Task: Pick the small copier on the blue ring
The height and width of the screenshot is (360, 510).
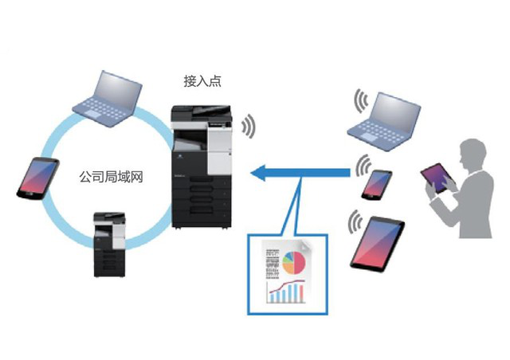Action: (x=108, y=244)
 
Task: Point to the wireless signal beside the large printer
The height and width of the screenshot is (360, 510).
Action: (x=250, y=126)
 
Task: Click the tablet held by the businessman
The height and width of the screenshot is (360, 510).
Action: (x=437, y=178)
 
